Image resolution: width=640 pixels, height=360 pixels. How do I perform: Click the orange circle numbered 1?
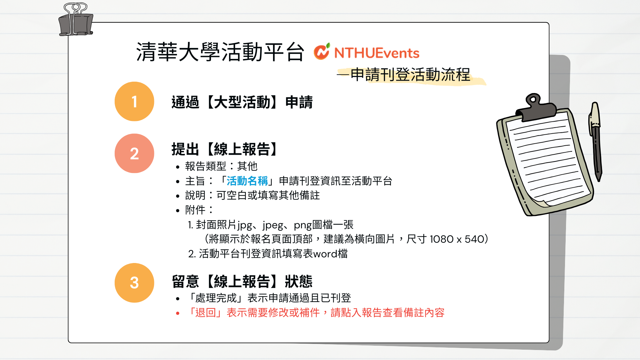coord(134,101)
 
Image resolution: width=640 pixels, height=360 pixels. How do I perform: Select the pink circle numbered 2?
coord(134,153)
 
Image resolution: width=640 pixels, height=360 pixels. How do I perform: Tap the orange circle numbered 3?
coord(134,283)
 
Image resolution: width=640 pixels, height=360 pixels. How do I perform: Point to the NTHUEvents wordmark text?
coord(377,53)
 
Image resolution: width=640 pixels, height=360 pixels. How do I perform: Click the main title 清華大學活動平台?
coord(220,52)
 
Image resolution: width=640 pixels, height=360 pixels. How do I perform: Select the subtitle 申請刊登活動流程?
coord(410,74)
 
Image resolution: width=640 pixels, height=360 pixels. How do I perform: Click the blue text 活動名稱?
coord(247,181)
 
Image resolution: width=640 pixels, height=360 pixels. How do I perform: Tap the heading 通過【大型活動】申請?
coord(242,102)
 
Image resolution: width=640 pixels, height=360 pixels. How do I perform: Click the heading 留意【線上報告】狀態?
coord(242,281)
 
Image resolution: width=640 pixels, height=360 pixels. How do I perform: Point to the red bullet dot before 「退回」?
coord(178,313)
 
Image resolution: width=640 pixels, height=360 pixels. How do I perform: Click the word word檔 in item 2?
coord(330,254)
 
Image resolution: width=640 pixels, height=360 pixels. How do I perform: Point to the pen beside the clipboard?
coord(596,141)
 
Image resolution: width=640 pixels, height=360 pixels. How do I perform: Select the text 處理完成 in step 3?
coord(216,298)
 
